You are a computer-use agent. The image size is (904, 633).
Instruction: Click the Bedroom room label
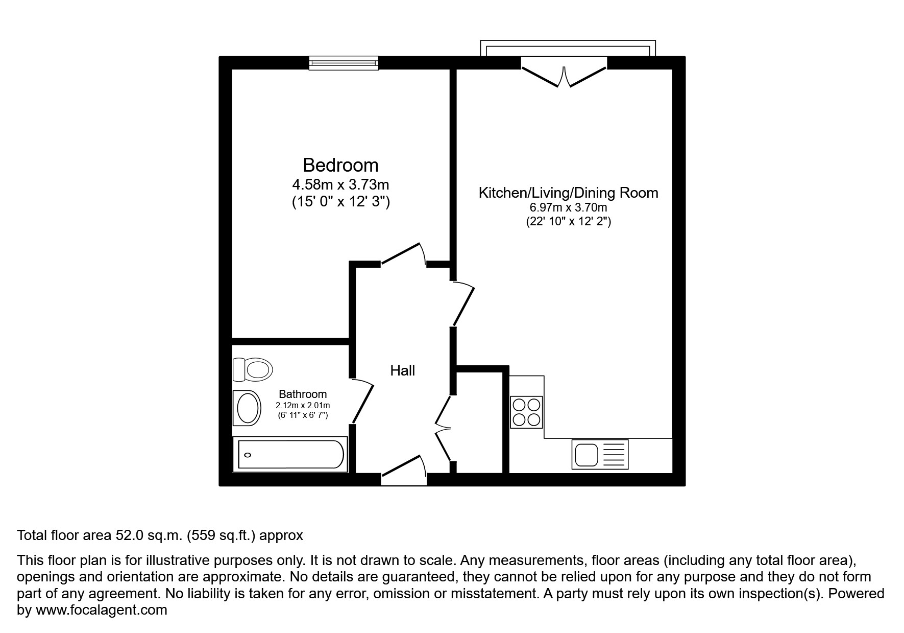tap(340, 165)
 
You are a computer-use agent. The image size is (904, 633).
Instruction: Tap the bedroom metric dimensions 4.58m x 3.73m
tap(340, 184)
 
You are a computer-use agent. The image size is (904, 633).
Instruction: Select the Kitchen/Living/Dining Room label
tap(568, 193)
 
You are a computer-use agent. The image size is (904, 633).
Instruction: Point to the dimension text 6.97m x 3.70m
tap(568, 208)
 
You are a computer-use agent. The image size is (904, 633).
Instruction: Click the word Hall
tap(402, 370)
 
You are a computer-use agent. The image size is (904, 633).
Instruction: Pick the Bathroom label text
tap(303, 394)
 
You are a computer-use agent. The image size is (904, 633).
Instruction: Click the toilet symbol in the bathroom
tap(253, 369)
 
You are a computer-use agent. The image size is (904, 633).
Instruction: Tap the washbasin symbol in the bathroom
tap(248, 407)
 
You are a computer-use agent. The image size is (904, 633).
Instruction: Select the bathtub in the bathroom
tap(289, 454)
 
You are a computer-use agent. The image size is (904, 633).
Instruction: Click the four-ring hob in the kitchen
tap(526, 412)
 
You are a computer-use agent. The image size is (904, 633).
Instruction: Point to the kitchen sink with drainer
tap(600, 454)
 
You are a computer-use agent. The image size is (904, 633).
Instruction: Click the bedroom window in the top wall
tap(344, 63)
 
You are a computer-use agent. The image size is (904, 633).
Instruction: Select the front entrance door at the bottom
tap(404, 467)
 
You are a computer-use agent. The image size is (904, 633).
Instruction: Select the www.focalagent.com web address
tap(101, 610)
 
